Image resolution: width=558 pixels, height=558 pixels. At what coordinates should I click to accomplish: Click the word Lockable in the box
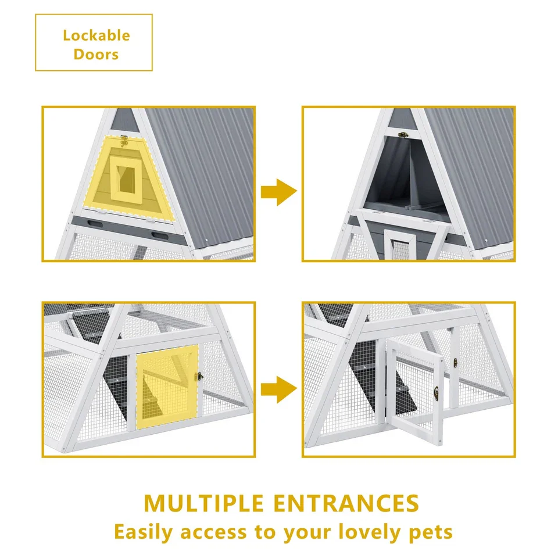96,35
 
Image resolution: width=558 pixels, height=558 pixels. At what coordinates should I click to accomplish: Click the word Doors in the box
96,55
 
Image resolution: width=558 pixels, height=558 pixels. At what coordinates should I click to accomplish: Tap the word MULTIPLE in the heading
203,503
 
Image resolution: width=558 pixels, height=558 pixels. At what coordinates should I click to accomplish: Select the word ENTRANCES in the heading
346,503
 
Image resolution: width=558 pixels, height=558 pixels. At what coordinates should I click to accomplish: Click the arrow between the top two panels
278,192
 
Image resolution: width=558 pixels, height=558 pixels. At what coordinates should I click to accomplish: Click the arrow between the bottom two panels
278,389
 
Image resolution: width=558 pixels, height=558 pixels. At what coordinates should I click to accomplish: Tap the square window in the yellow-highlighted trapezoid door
126,180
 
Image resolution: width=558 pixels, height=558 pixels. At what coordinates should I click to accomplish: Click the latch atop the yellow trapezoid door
124,140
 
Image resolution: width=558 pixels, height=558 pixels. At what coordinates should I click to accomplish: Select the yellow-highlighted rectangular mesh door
167,387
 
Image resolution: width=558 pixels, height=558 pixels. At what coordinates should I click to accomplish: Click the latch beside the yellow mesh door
201,376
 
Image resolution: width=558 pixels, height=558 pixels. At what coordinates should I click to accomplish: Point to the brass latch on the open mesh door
437,394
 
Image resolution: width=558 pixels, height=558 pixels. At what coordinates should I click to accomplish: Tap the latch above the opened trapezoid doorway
403,134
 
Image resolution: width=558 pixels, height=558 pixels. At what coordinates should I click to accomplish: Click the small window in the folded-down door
400,245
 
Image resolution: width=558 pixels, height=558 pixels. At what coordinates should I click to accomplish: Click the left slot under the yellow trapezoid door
95,224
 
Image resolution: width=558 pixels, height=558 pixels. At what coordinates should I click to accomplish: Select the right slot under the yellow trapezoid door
160,236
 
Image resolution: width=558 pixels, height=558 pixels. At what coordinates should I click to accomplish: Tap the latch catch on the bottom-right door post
455,363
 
